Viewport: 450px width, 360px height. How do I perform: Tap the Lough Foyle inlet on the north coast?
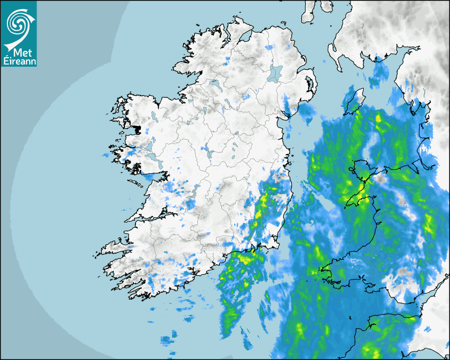[245, 37]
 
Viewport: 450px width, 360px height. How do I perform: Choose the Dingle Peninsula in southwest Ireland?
[114, 247]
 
